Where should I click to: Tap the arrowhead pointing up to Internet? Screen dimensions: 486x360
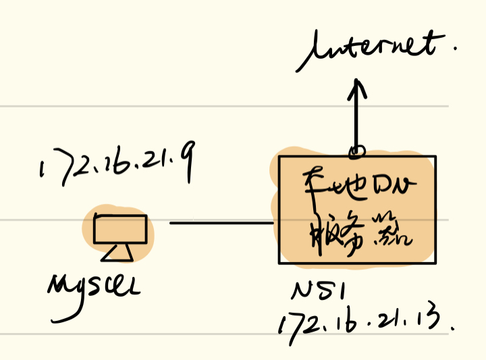pyautogui.click(x=357, y=87)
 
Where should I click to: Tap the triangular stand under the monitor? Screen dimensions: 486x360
pyautogui.click(x=119, y=253)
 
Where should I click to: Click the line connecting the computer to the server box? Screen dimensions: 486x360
pyautogui.click(x=220, y=223)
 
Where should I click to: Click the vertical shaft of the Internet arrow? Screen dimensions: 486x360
pyautogui.click(x=357, y=118)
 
